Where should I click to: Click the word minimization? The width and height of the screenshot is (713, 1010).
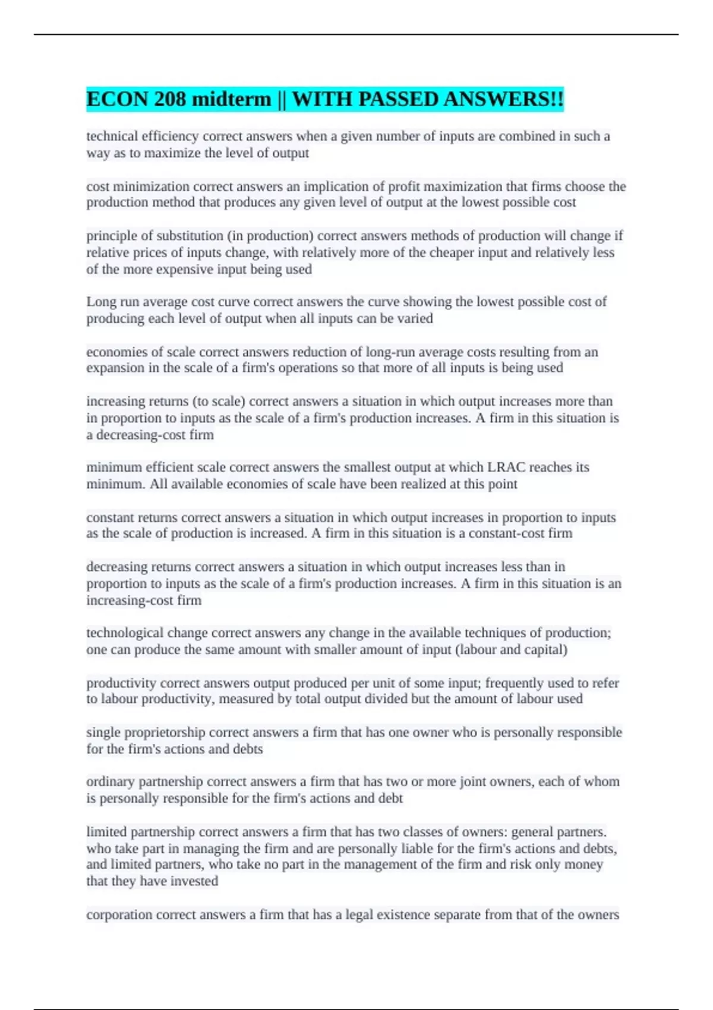[x=151, y=187]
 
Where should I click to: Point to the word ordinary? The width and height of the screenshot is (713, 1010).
[x=111, y=782]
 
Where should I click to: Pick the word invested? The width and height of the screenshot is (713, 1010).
[x=194, y=881]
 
